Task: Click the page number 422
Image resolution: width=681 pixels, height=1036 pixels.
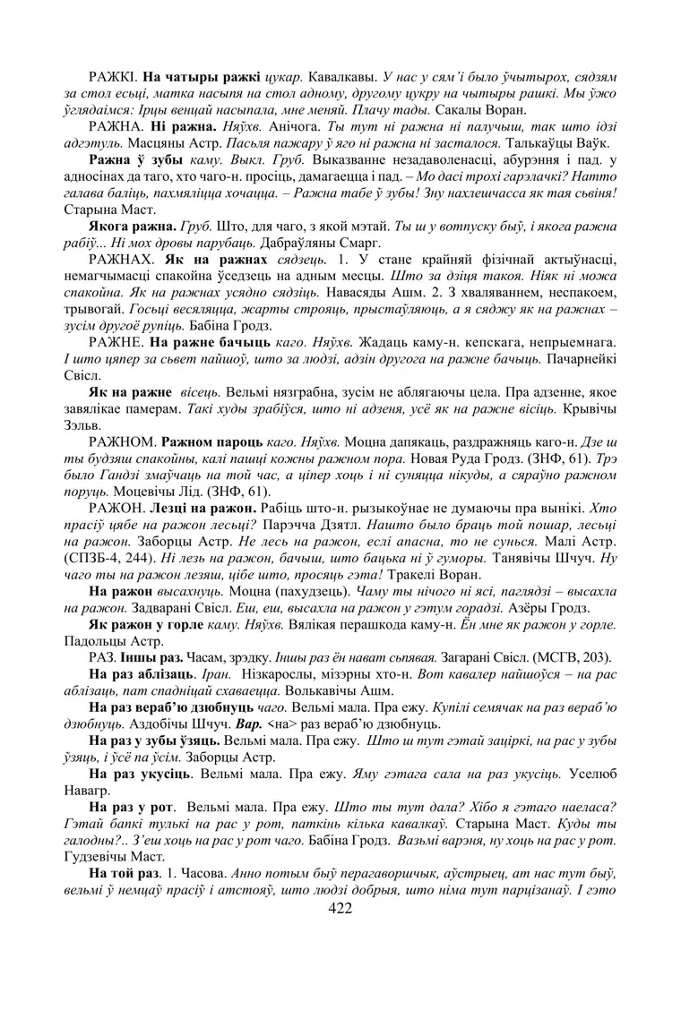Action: [x=340, y=910]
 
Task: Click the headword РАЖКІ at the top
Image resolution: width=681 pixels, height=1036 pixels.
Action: [x=113, y=77]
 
